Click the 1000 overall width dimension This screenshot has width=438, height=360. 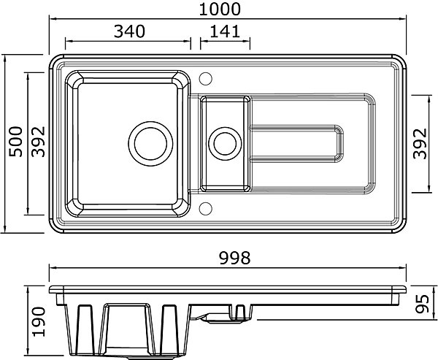(220, 9)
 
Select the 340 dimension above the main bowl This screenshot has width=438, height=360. (129, 31)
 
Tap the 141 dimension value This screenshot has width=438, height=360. (225, 31)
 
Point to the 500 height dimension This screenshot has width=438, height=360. (15, 142)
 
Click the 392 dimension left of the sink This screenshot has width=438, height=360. (38, 142)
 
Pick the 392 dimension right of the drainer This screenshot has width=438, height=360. (420, 144)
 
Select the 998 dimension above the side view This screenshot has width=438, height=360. (234, 258)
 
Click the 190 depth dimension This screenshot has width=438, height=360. (38, 322)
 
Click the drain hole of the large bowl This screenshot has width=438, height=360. (150, 144)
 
